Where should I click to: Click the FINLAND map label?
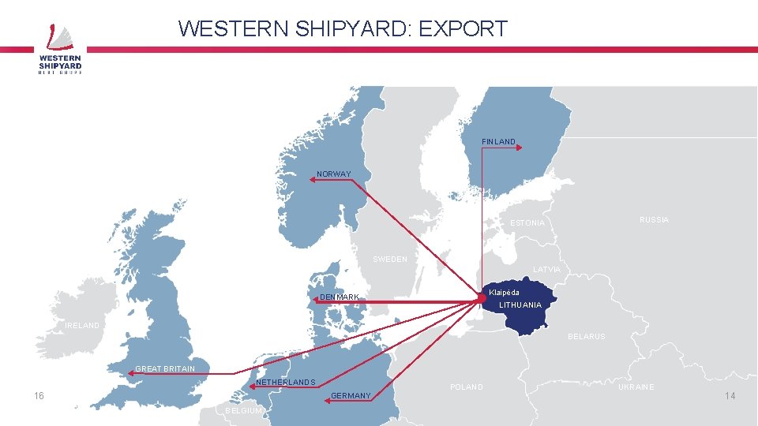(498, 142)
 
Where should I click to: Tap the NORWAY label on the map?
(333, 174)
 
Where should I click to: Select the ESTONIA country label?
(527, 223)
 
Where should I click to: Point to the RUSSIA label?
(654, 220)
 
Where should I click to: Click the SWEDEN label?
(390, 260)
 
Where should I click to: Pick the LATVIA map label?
(547, 270)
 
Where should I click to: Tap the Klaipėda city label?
(504, 293)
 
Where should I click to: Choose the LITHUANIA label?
(520, 305)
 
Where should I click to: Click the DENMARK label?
(340, 297)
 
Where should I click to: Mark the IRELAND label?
(82, 326)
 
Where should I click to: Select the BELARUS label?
(586, 337)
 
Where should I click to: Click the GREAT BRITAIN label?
(165, 369)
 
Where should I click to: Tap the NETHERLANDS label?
(286, 383)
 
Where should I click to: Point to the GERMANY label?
(351, 396)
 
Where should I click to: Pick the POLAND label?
(466, 387)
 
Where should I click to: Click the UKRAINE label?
(636, 387)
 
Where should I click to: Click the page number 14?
(730, 395)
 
